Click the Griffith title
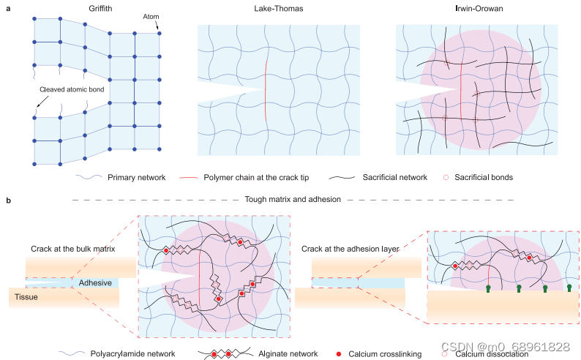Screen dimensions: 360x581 tap(86, 10)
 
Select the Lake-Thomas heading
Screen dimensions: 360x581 tap(279, 10)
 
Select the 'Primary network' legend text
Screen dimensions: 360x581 tap(136, 177)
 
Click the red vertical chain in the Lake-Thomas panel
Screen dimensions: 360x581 tap(265, 89)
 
